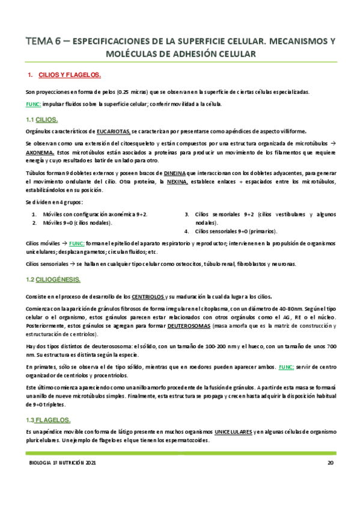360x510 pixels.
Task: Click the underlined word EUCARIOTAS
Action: (x=111, y=131)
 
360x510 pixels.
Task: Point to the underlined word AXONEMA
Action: (x=41, y=153)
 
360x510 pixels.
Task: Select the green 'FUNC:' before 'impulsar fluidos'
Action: (x=33, y=103)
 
